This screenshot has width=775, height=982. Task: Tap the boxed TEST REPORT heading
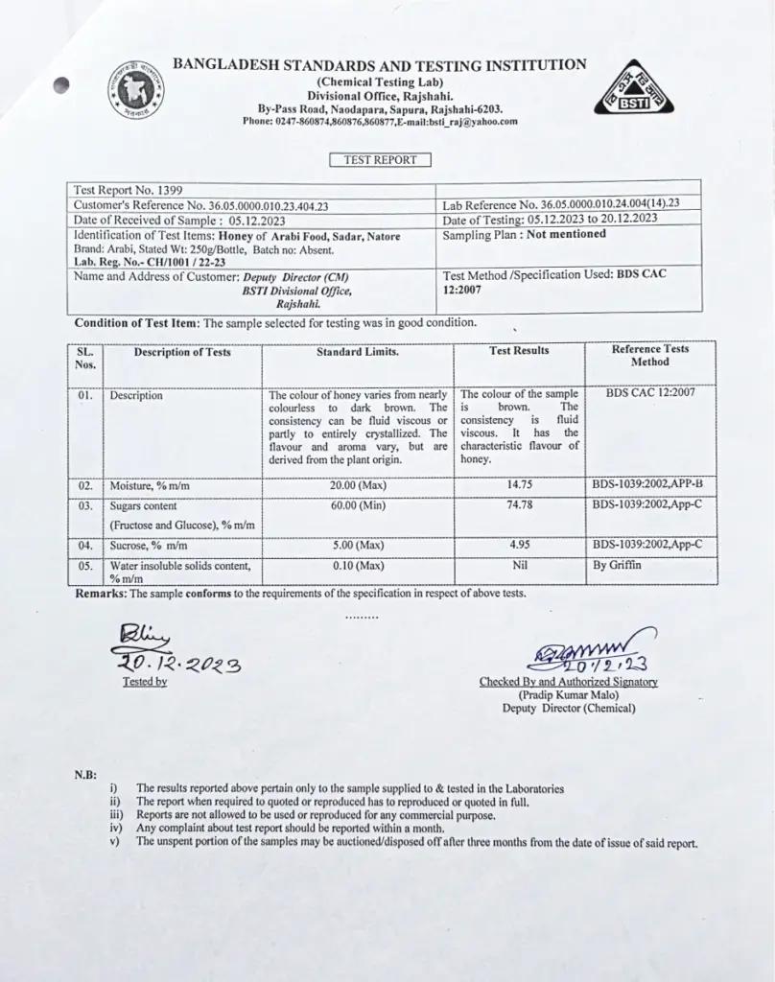(380, 160)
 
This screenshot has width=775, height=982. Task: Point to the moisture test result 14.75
(519, 486)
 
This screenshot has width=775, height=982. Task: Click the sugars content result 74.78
(519, 504)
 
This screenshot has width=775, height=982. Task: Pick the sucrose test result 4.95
(519, 545)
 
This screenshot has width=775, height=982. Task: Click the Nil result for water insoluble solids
(519, 565)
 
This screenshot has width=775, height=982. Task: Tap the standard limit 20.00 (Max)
(358, 486)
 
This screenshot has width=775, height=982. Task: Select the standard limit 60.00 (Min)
(358, 504)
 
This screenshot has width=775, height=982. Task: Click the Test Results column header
(519, 351)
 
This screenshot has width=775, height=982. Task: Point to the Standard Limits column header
(358, 352)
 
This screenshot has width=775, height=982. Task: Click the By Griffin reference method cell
(618, 565)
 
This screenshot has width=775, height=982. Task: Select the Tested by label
(144, 682)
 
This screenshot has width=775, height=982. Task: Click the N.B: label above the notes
(85, 774)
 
